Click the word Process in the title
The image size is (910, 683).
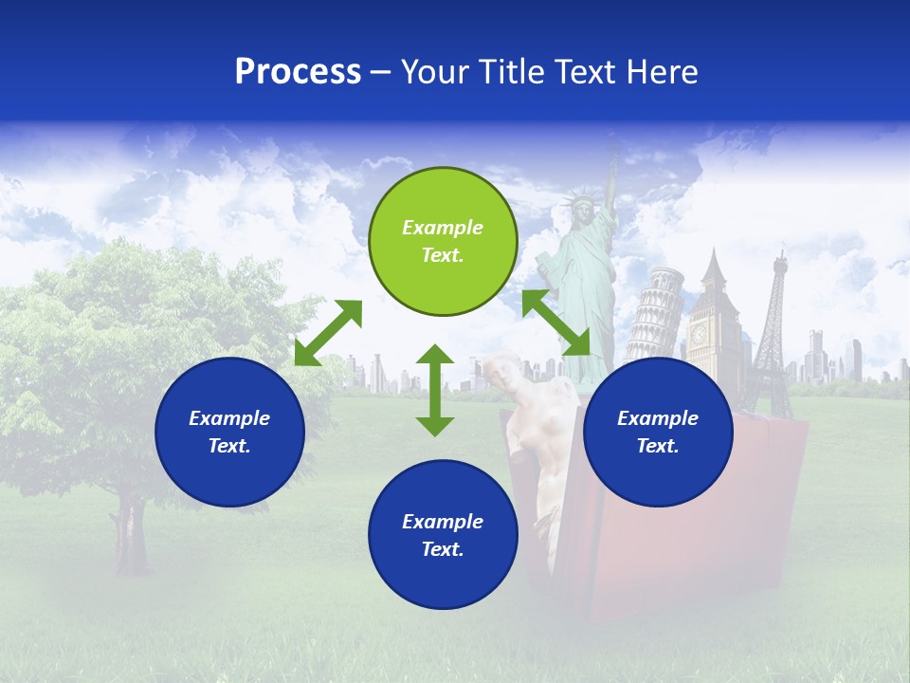pyautogui.click(x=298, y=72)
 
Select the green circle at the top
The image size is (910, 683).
pyautogui.click(x=443, y=241)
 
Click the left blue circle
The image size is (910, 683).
pyautogui.click(x=229, y=432)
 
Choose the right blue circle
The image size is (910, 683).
pyautogui.click(x=658, y=432)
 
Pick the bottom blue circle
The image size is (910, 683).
pyautogui.click(x=443, y=535)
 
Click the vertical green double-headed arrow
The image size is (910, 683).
pyautogui.click(x=435, y=390)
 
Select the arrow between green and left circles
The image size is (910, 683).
pyautogui.click(x=328, y=333)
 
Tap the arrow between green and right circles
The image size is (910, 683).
pyautogui.click(x=556, y=323)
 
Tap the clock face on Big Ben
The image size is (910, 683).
pyautogui.click(x=700, y=334)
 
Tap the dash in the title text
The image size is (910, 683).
pyautogui.click(x=381, y=73)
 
